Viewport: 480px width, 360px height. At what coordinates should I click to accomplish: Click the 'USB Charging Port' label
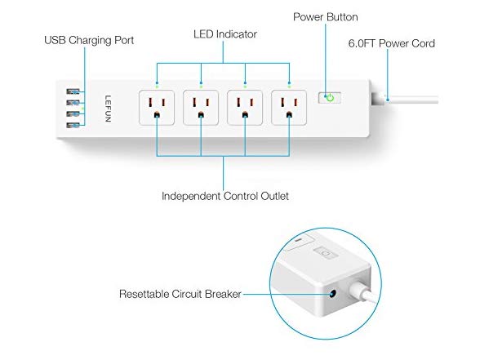coord(89,41)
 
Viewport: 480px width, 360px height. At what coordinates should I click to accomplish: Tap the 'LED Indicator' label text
coord(225,34)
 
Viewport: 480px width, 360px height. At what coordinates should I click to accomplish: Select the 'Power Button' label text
coord(326,17)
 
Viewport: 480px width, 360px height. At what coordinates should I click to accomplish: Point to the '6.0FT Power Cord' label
coord(392,43)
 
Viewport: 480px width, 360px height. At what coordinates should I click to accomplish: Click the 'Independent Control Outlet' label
coord(225,196)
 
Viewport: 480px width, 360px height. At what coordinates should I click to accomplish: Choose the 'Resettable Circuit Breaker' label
coord(180,294)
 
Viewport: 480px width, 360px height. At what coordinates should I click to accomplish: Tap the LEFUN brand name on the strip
coord(108,109)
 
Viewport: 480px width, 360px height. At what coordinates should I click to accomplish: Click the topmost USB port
coord(73,91)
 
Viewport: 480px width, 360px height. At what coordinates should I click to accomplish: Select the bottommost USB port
coord(73,125)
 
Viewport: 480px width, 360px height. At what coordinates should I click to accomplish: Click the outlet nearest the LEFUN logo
coord(157,108)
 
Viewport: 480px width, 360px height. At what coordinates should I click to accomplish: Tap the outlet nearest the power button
coord(289,108)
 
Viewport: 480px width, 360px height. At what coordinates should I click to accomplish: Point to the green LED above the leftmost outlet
coord(157,87)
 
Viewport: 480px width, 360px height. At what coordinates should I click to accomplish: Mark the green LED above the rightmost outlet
coord(289,87)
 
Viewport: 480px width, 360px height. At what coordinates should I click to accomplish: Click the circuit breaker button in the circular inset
coord(332,295)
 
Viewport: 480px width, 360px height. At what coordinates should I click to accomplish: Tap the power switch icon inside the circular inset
coord(326,253)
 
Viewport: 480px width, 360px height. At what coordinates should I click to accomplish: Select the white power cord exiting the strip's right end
coord(410,100)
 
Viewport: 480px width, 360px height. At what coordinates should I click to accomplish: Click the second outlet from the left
coord(201,108)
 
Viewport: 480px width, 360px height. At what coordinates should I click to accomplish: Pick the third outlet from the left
coord(245,108)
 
